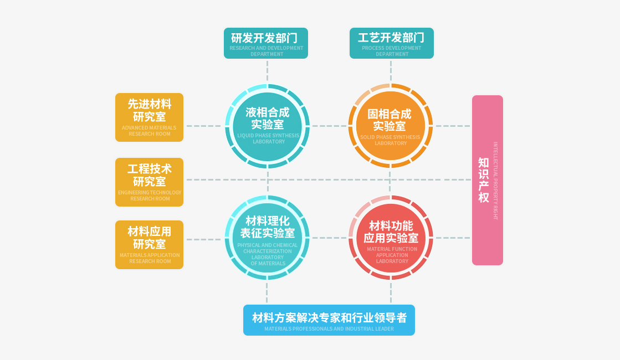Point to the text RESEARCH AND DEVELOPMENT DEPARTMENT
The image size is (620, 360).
[267, 51]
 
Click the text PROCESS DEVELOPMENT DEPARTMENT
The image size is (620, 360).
[392, 51]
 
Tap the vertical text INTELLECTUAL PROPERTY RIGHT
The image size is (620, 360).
[496, 181]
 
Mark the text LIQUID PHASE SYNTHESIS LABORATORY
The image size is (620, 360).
[268, 138]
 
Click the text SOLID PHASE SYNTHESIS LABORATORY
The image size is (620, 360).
[390, 140]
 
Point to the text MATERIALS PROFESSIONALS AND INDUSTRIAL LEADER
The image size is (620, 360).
[329, 329]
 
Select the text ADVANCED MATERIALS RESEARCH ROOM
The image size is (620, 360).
[149, 131]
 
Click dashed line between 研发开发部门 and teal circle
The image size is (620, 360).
[267, 71]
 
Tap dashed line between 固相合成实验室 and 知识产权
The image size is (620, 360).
[452, 126]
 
